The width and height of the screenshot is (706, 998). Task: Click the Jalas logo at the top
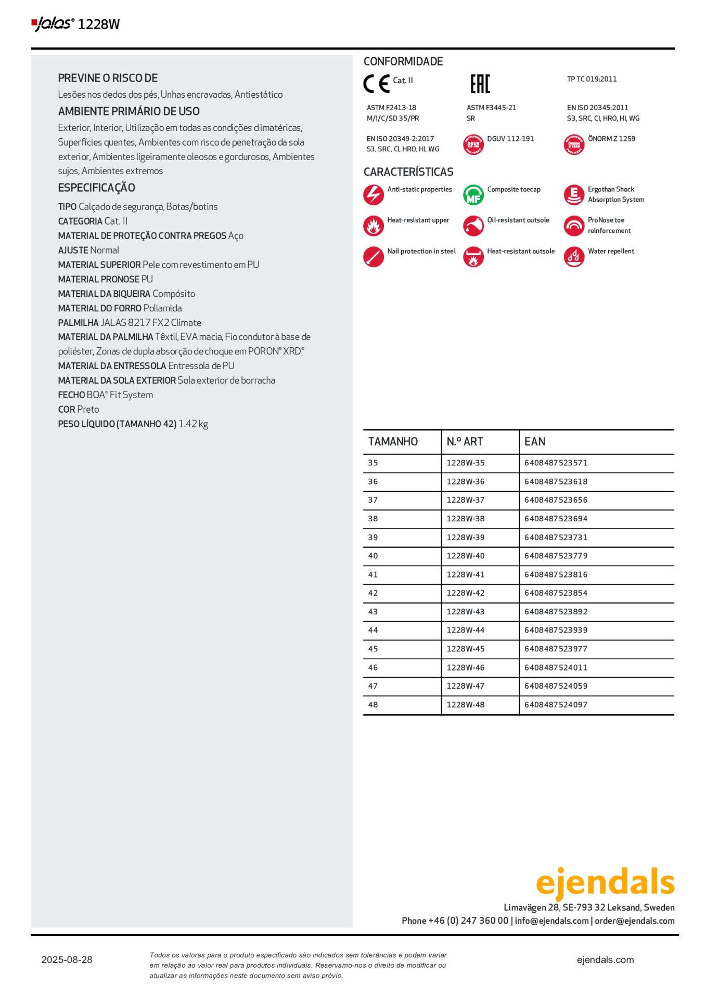[x=53, y=23]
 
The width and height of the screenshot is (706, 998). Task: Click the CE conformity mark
[x=376, y=84]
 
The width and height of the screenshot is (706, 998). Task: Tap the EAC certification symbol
[x=480, y=84]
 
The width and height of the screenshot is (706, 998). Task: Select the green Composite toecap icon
[x=473, y=195]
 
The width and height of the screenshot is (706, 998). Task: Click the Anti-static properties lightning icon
[x=373, y=195]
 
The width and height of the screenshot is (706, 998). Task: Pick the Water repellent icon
[x=574, y=257]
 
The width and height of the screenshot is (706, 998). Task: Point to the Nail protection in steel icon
[x=373, y=257]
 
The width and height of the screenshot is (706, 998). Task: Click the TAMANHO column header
[x=393, y=442]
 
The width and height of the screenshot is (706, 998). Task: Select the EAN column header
[x=535, y=442]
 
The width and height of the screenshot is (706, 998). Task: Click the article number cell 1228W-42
[x=465, y=593]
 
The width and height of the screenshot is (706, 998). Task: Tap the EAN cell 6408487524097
[x=556, y=705]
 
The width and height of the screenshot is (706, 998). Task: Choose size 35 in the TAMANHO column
[x=373, y=463]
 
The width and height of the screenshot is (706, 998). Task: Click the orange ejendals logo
[x=605, y=882]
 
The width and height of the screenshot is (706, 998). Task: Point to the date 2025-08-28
[x=67, y=960]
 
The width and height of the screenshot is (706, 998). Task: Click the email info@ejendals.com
[x=551, y=921]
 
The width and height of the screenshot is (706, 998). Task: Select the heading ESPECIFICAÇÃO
[x=96, y=188]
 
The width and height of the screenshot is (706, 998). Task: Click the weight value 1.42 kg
[x=193, y=424]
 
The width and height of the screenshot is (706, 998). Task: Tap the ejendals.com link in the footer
[x=605, y=960]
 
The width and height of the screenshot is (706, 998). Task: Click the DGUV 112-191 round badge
[x=473, y=145]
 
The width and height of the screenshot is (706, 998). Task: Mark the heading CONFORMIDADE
[x=403, y=61]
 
